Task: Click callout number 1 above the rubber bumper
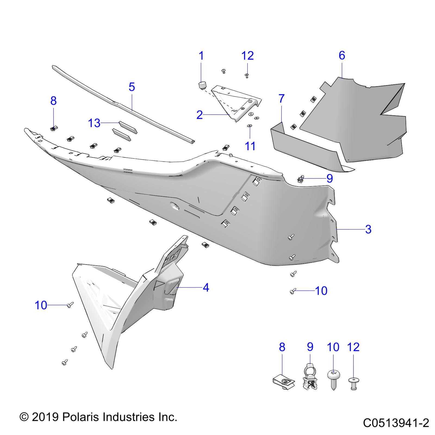click(201, 56)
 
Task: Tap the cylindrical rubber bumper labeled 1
click(202, 85)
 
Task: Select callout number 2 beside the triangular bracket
click(200, 115)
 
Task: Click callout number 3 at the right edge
click(368, 229)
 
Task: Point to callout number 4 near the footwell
click(206, 287)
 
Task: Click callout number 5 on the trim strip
click(132, 87)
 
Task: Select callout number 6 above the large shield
click(342, 55)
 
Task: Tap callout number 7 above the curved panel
click(281, 98)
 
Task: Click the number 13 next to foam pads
click(94, 123)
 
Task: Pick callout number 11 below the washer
click(250, 146)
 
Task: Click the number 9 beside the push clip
click(330, 178)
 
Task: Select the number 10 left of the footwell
click(41, 305)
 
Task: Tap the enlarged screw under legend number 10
click(334, 380)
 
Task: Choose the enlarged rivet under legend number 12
click(353, 383)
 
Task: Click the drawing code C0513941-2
click(396, 423)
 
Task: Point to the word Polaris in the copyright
click(80, 417)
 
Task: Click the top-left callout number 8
click(53, 101)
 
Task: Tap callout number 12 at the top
click(247, 56)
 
